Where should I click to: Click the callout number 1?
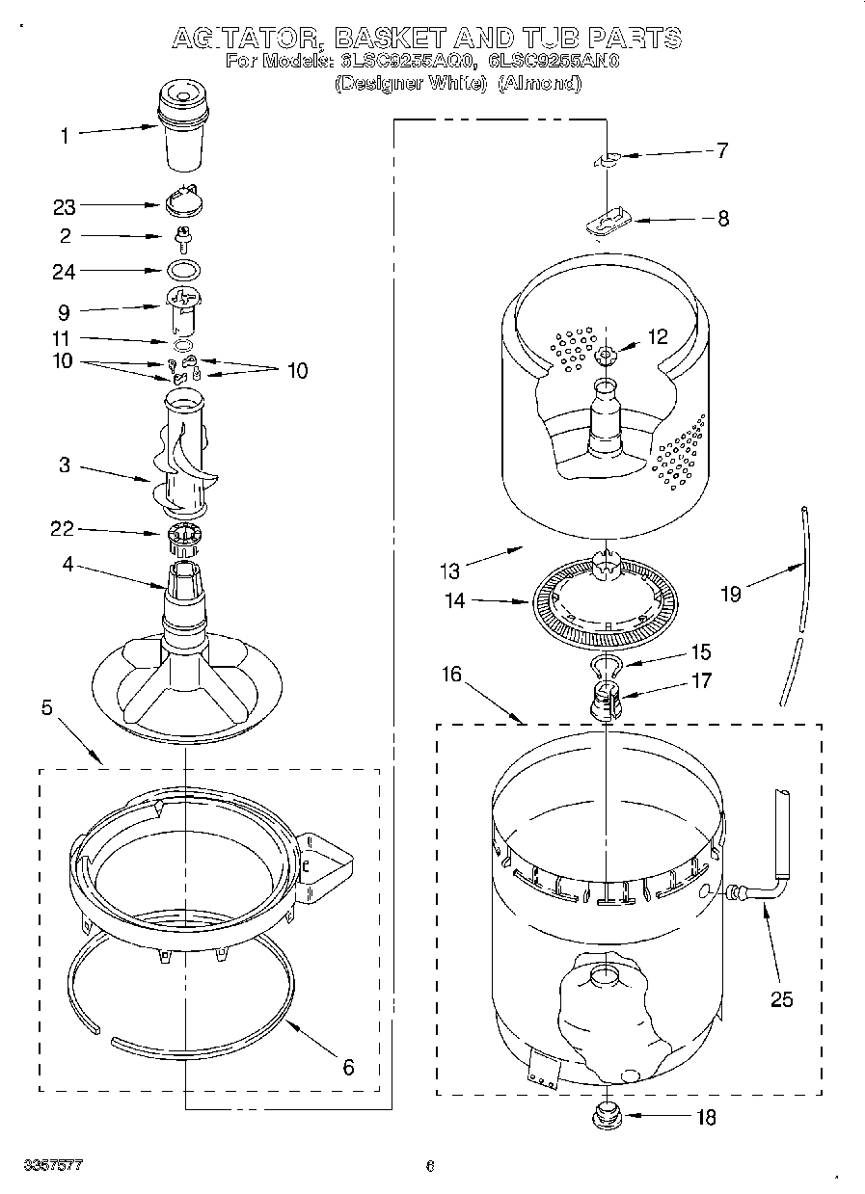(65, 137)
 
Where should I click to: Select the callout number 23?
(64, 205)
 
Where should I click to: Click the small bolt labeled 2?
(180, 236)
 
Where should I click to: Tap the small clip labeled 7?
(609, 160)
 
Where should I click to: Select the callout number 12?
(658, 337)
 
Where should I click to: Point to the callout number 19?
(730, 595)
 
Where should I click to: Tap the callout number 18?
(706, 1118)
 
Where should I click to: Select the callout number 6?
(348, 1067)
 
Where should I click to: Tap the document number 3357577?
(54, 1166)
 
